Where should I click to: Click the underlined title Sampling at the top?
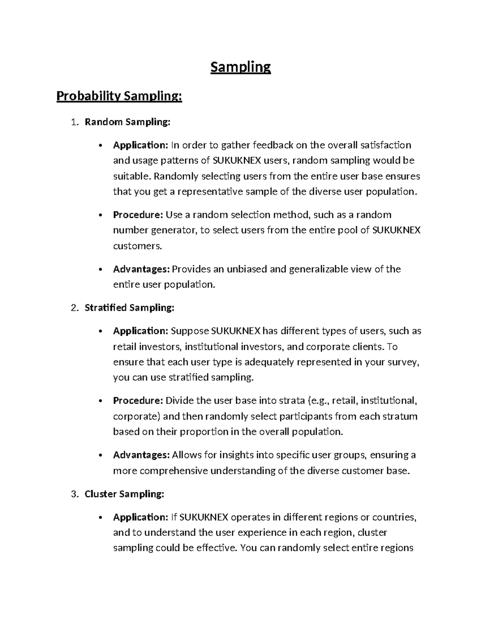[240, 67]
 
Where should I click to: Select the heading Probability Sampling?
[119, 97]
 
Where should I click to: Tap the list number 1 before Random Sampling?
[73, 122]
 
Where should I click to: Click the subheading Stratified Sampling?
[129, 308]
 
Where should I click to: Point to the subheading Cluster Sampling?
[124, 494]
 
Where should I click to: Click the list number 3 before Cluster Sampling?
[73, 494]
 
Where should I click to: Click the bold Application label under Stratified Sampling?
[140, 331]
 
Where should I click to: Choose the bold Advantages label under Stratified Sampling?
[141, 455]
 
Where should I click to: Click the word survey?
[405, 362]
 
